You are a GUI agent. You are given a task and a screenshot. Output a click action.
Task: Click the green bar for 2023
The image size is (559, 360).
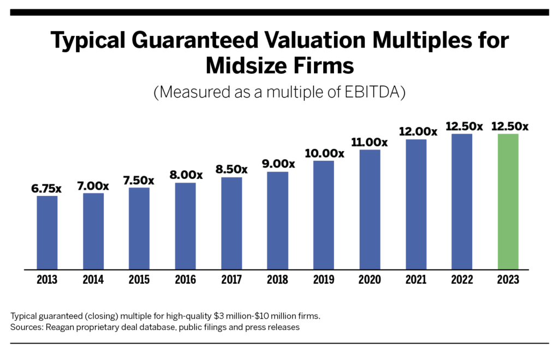coord(508,201)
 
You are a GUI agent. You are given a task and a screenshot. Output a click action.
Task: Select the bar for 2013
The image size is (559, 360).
coord(47,232)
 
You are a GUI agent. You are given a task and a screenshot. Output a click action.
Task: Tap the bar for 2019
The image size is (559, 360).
coord(324,215)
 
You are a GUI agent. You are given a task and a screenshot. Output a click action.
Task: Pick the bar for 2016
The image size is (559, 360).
coord(186,226)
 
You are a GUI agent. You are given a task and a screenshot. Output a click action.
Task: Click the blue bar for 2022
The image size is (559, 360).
coord(462,201)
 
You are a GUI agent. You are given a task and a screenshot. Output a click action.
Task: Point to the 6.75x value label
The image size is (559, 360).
coord(47,189)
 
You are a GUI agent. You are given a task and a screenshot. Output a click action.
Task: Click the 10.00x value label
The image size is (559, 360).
coord(324,154)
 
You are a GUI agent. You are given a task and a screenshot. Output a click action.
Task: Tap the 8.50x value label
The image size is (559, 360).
coord(231,170)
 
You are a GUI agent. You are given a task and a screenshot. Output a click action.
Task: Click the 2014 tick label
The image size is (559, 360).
coord(93,280)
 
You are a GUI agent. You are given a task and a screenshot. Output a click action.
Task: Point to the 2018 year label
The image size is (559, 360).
coord(277,280)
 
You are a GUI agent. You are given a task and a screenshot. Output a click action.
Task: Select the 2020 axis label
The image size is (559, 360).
coord(370,280)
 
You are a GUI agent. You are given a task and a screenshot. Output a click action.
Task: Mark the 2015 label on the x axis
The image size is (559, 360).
coord(139,280)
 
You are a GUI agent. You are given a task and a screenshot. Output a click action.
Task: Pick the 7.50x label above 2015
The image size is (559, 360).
coord(139,181)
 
